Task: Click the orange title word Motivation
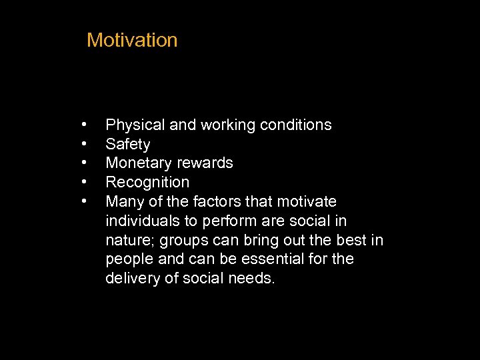(132, 40)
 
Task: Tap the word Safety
(128, 145)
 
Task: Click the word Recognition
(147, 183)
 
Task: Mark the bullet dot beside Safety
(85, 143)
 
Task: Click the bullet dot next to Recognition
(85, 181)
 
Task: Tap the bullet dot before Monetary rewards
(85, 162)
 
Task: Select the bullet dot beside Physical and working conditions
(85, 124)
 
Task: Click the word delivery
(133, 279)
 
